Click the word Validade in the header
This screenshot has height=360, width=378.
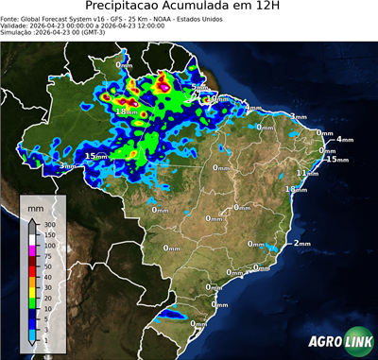click(x=15, y=26)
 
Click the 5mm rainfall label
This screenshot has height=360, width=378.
click(x=198, y=88)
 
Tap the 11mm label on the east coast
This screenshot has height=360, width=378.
click(x=305, y=173)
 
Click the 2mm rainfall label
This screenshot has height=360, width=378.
click(x=302, y=244)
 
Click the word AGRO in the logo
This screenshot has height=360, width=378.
click(x=322, y=342)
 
